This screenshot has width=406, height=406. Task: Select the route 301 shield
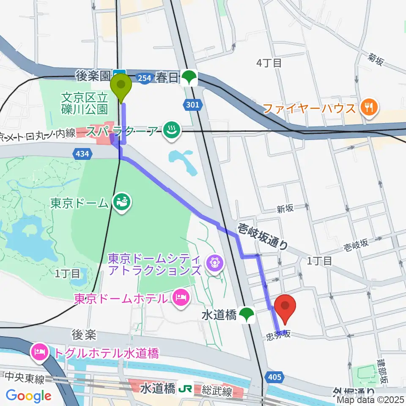pyautogui.click(x=192, y=104)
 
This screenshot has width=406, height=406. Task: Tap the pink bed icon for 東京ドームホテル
pyautogui.click(x=181, y=297)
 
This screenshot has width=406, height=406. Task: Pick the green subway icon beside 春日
pyautogui.click(x=190, y=77)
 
